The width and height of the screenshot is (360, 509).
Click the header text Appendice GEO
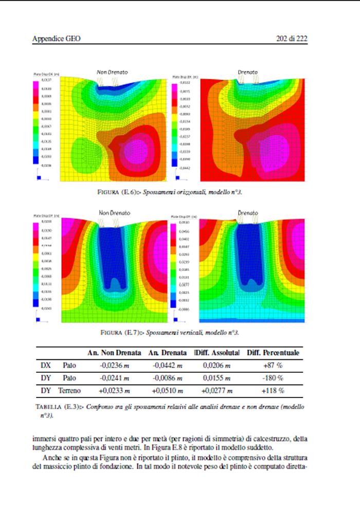57,39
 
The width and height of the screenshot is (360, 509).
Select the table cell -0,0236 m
115,366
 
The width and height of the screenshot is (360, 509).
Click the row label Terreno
69,391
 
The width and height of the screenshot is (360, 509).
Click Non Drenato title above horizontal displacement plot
112,72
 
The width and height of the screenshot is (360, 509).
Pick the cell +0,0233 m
115,391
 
